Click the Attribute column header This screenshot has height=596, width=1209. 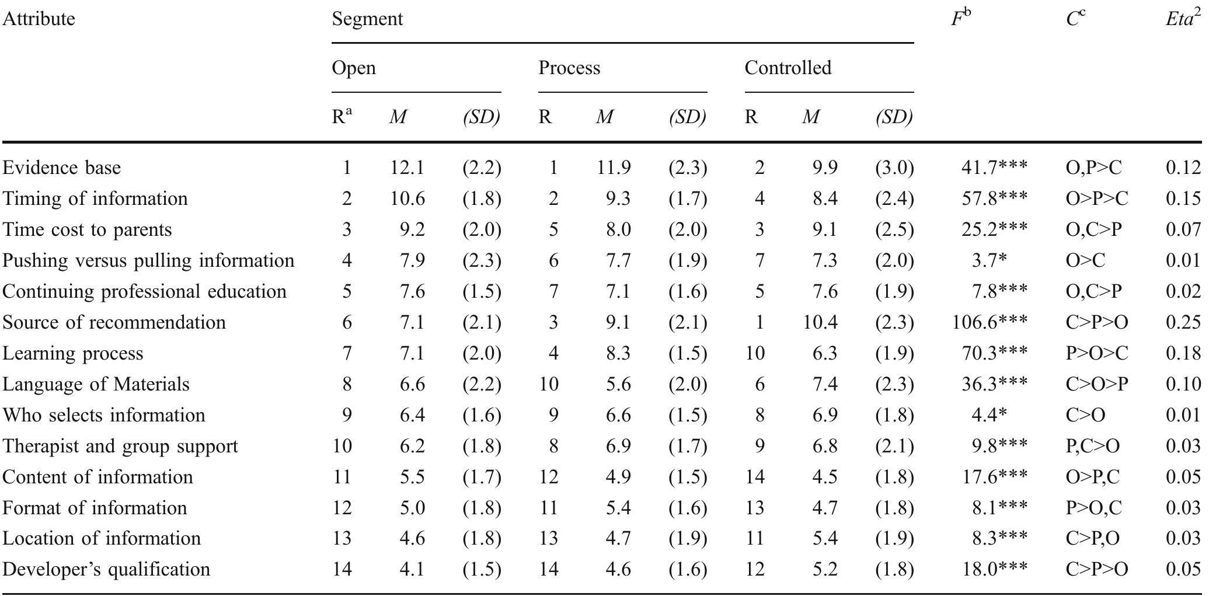(39, 19)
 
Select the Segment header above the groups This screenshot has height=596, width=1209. (367, 19)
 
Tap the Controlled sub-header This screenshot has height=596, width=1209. (788, 68)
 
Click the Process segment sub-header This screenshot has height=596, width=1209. (569, 68)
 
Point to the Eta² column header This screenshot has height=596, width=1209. (1183, 19)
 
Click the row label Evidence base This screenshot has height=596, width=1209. (61, 168)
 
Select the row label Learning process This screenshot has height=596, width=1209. (72, 353)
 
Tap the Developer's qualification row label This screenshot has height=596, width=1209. (106, 569)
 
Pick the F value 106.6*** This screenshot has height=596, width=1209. (990, 322)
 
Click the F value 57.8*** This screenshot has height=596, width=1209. (994, 198)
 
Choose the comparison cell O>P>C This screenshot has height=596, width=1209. (1096, 198)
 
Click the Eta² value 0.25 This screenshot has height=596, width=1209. (1183, 322)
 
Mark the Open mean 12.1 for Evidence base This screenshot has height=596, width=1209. (407, 168)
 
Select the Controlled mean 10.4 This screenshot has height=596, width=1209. (820, 322)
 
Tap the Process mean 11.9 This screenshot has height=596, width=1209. (614, 168)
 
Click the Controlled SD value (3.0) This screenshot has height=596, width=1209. (894, 168)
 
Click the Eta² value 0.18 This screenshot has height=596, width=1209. (1183, 353)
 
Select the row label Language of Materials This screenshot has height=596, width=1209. (96, 384)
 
